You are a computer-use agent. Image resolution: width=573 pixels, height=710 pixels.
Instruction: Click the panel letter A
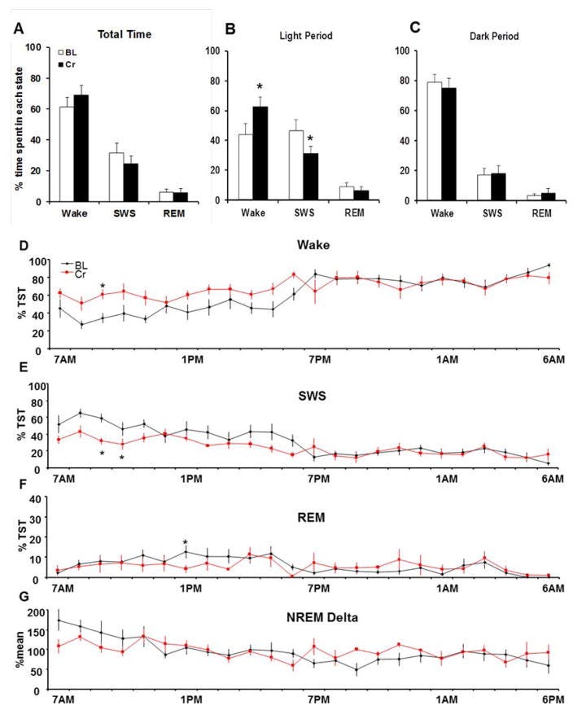tap(18, 28)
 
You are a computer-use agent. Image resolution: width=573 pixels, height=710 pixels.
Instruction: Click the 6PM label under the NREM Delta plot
tap(553, 701)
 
